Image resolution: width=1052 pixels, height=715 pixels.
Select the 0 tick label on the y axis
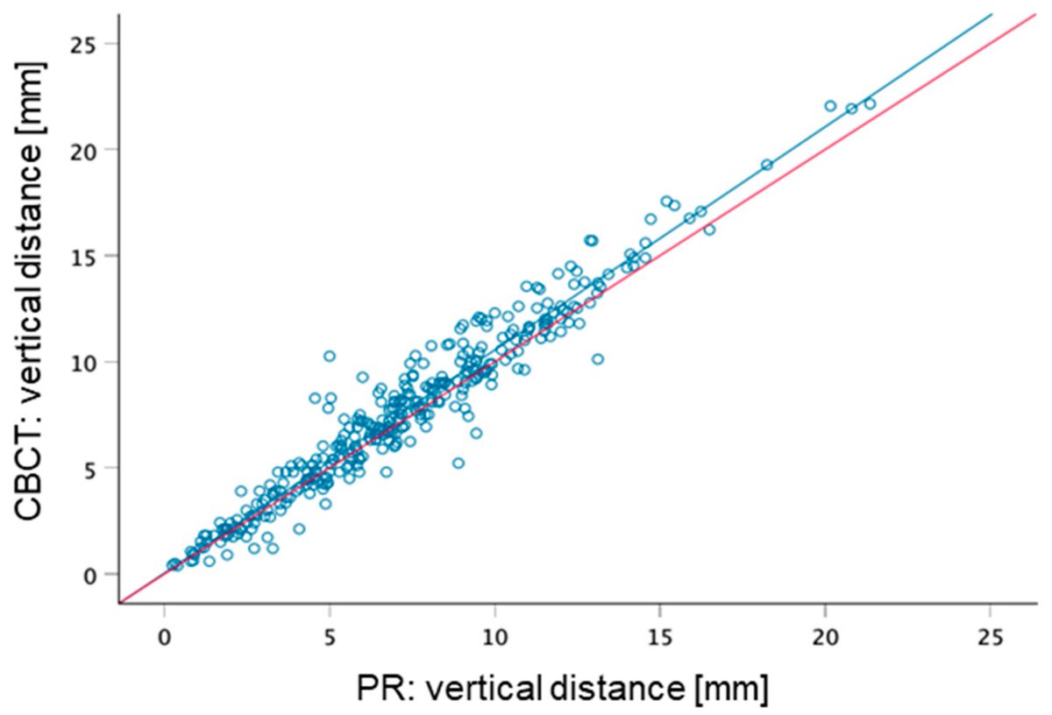(99, 574)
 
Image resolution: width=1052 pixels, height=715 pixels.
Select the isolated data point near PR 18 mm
(766, 165)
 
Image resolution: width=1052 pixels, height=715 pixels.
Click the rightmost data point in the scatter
(870, 103)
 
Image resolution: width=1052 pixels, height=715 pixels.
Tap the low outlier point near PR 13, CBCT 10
(597, 358)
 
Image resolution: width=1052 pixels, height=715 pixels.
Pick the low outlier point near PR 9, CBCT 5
(458, 463)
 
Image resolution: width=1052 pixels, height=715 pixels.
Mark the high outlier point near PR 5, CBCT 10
(330, 356)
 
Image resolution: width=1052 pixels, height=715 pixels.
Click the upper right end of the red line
(1035, 15)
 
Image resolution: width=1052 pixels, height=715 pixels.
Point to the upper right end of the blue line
(992, 14)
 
